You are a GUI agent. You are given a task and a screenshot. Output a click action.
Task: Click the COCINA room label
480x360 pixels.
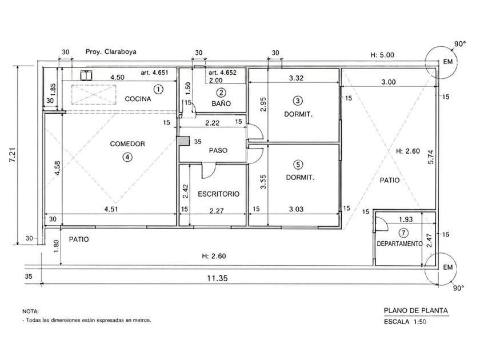(x=138, y=99)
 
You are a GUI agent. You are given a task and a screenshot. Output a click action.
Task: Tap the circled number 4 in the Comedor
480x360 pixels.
(x=127, y=157)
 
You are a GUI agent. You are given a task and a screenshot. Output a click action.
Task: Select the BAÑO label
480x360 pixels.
(x=221, y=103)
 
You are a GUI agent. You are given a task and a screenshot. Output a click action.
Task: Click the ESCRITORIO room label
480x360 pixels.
(x=218, y=194)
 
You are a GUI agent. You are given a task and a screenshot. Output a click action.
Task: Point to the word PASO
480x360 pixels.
(x=218, y=151)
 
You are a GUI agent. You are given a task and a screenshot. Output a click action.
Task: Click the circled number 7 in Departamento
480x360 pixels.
(x=403, y=233)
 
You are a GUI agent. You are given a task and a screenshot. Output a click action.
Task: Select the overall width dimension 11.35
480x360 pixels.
(x=217, y=278)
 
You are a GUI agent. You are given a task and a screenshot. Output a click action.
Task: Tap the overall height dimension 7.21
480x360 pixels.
(x=13, y=155)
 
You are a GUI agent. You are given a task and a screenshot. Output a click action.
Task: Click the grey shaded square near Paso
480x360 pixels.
(x=183, y=141)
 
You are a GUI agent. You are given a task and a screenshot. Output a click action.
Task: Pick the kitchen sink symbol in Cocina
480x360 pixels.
(x=86, y=75)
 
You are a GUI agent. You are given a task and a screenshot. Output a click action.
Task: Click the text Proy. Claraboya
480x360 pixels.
(x=111, y=52)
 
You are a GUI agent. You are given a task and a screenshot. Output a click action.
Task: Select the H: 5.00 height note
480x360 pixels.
(x=382, y=55)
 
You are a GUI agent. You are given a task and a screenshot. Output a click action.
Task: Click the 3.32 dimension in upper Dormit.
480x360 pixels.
(x=296, y=78)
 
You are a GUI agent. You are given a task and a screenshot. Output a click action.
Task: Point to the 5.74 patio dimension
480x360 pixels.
(x=431, y=157)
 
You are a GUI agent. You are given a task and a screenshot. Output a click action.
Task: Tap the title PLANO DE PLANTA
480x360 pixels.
(x=416, y=311)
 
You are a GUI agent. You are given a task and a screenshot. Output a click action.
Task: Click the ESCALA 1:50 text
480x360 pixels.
(x=405, y=322)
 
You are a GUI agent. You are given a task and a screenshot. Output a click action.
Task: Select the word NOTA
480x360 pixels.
(x=31, y=311)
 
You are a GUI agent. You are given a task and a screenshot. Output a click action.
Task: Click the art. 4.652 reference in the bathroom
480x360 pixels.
(x=222, y=73)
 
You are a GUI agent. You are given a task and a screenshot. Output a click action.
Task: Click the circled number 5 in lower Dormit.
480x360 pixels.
(x=298, y=165)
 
